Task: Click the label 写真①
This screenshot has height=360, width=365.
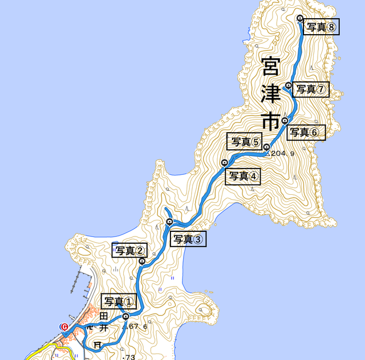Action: click(x=119, y=301)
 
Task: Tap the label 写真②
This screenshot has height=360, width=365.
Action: click(x=130, y=251)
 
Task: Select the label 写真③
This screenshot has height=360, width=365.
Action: click(x=188, y=239)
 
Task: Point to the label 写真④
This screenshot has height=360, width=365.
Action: click(x=243, y=177)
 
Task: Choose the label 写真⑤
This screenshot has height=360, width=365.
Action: click(x=244, y=141)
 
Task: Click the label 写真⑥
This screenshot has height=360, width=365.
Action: click(x=306, y=133)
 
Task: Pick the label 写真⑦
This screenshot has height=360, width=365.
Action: click(x=311, y=89)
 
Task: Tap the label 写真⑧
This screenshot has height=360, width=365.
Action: click(x=321, y=26)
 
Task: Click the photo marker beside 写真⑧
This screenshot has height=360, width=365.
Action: click(x=301, y=19)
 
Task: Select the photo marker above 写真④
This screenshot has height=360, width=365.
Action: click(x=224, y=163)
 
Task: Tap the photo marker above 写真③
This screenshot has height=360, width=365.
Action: click(x=169, y=222)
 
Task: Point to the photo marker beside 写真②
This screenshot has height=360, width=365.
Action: click(x=142, y=261)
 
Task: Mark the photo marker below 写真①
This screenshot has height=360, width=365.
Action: click(x=125, y=317)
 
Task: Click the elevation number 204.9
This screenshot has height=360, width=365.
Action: click(x=282, y=154)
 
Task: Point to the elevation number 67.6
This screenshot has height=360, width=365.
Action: click(x=139, y=326)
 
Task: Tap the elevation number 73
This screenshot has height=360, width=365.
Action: click(x=130, y=357)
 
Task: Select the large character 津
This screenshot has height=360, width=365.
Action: click(x=269, y=95)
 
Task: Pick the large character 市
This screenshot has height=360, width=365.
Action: click(x=269, y=121)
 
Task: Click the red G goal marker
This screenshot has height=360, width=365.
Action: click(x=64, y=326)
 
